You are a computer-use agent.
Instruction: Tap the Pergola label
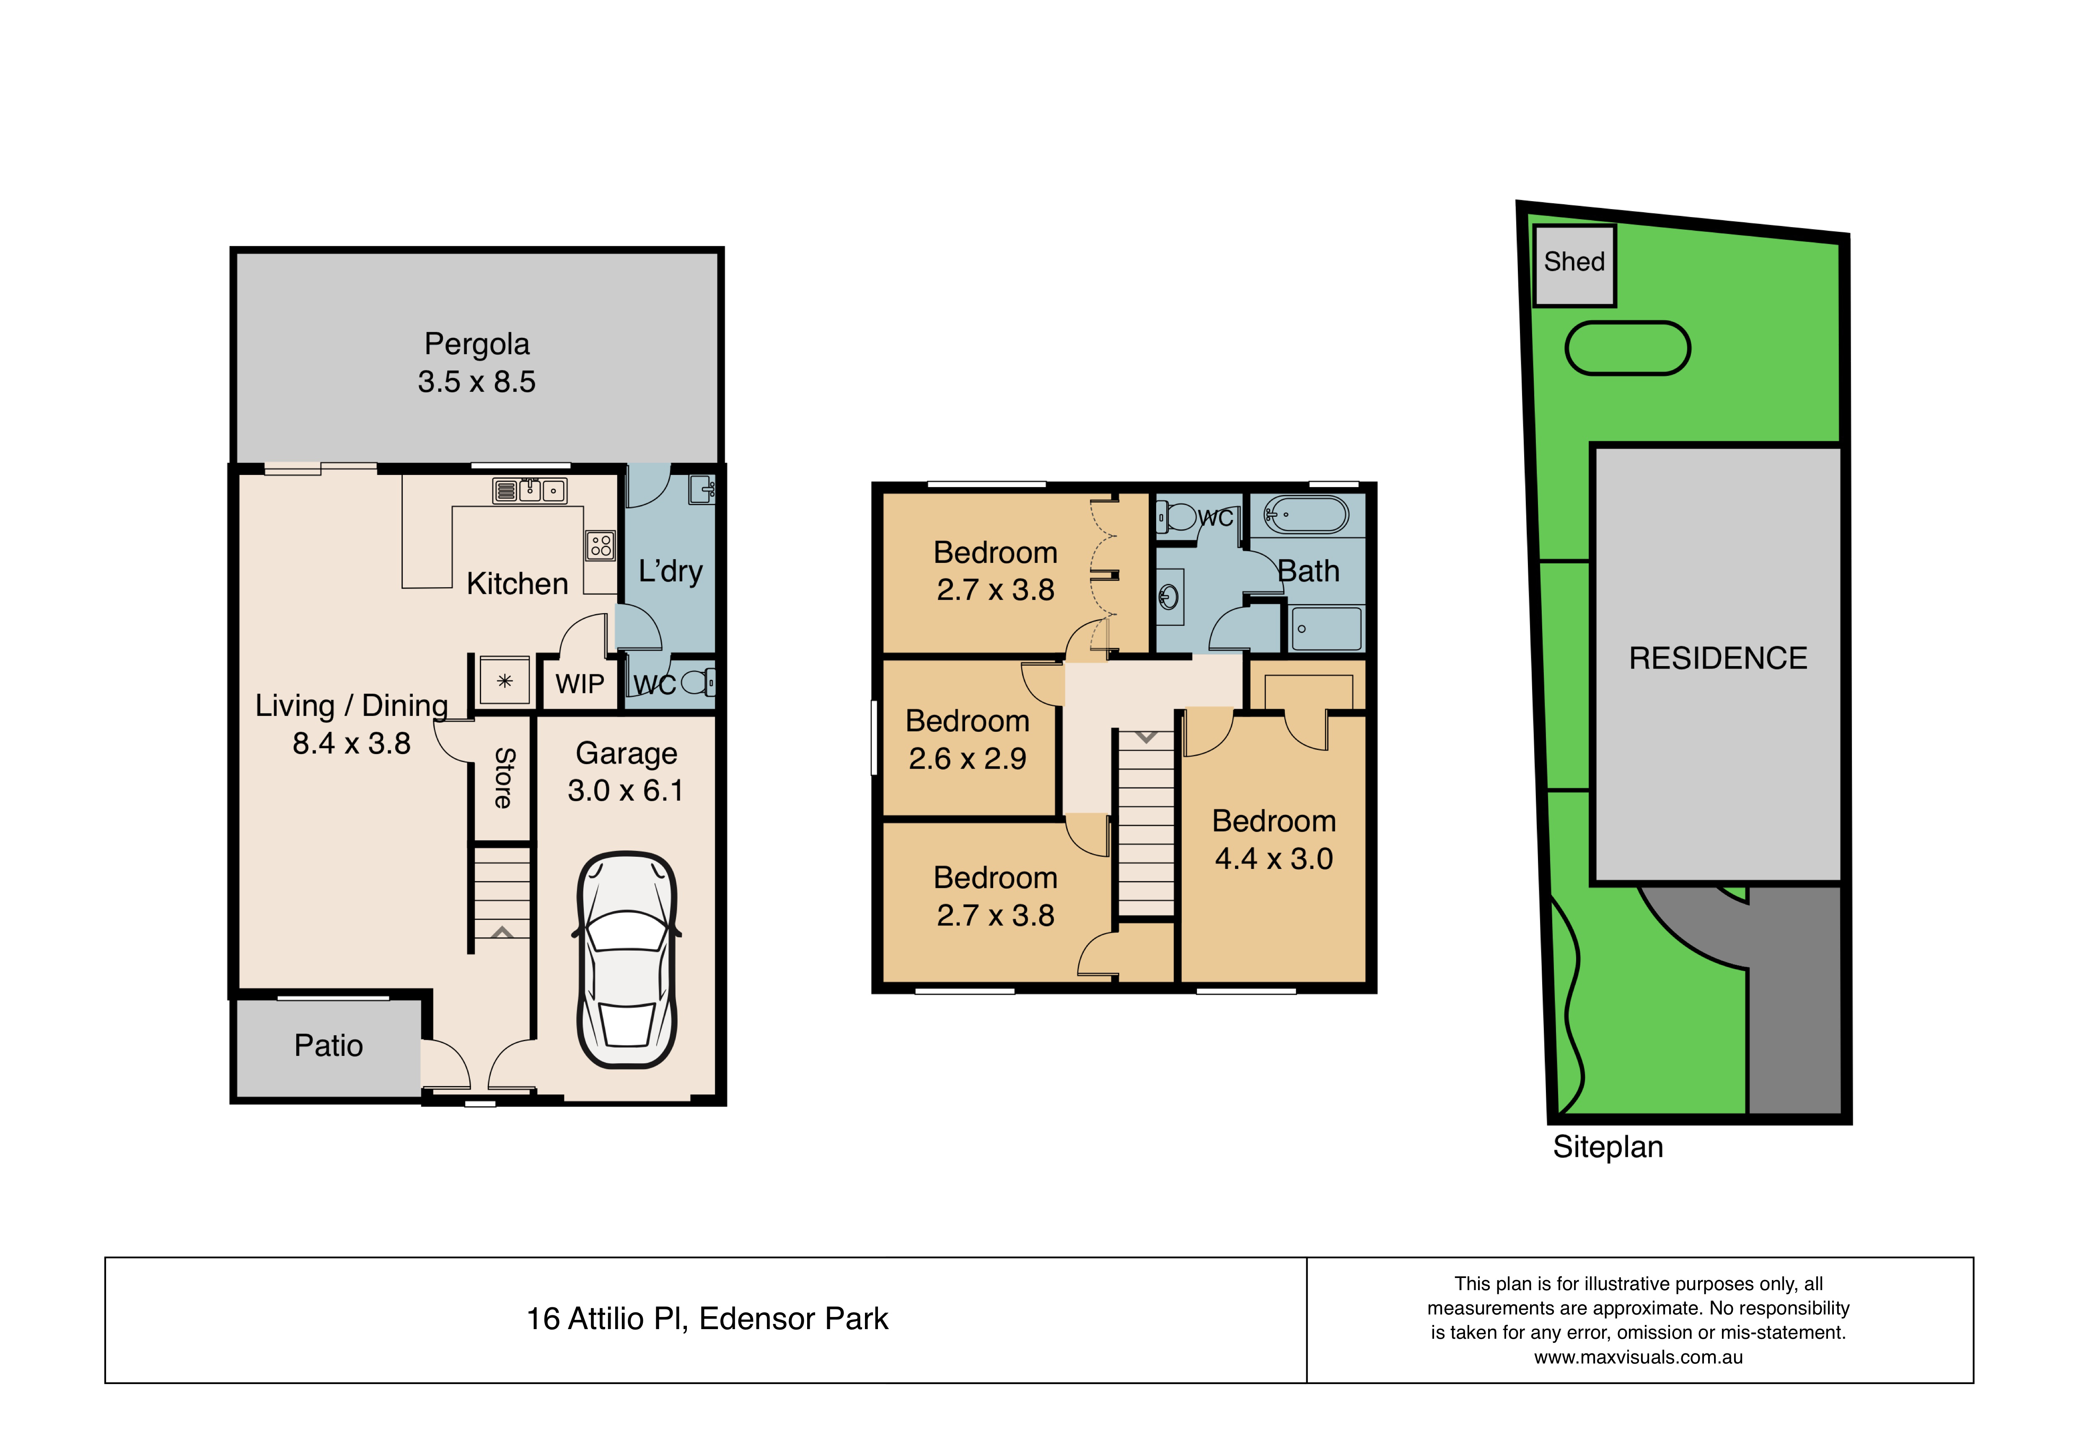[x=477, y=344]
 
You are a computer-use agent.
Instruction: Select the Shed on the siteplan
[x=1574, y=265]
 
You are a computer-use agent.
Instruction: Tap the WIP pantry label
[x=579, y=684]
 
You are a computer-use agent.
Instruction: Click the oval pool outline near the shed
[x=1627, y=348]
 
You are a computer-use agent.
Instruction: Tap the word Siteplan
[x=1608, y=1147]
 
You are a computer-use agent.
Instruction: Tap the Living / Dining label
[x=351, y=705]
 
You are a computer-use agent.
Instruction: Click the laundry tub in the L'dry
[x=702, y=490]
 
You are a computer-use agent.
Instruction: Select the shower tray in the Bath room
[x=1326, y=628]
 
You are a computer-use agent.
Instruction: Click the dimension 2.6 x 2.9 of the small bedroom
[x=967, y=759]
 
